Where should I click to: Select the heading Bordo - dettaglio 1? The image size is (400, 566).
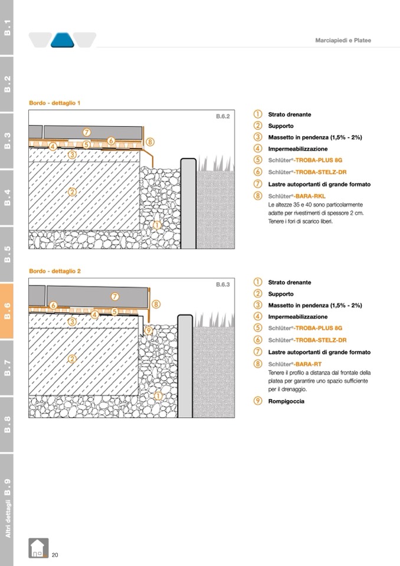(x=54, y=103)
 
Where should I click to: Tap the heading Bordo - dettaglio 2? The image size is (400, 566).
(x=54, y=271)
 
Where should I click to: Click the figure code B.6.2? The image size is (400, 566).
(x=222, y=116)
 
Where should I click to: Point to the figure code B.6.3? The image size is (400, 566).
(x=222, y=284)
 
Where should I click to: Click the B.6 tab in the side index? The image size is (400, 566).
(x=7, y=311)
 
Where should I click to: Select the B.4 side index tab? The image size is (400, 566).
(x=7, y=197)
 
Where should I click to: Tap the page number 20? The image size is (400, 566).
(x=55, y=554)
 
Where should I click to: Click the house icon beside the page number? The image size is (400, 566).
(x=38, y=548)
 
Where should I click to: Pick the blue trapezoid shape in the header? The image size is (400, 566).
(x=62, y=40)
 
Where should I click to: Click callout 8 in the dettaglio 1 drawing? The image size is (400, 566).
(x=150, y=142)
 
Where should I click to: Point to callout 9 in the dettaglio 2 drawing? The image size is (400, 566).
(x=148, y=330)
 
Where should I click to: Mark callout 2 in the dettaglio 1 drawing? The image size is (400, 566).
(x=72, y=192)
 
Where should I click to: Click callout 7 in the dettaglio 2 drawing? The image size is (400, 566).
(x=115, y=296)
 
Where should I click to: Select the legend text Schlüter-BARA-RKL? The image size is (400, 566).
(x=297, y=196)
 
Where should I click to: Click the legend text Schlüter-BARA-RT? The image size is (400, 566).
(x=294, y=364)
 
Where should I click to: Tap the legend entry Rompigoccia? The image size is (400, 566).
(x=287, y=402)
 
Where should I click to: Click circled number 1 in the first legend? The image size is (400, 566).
(x=258, y=114)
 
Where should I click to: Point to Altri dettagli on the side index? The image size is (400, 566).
(x=7, y=516)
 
